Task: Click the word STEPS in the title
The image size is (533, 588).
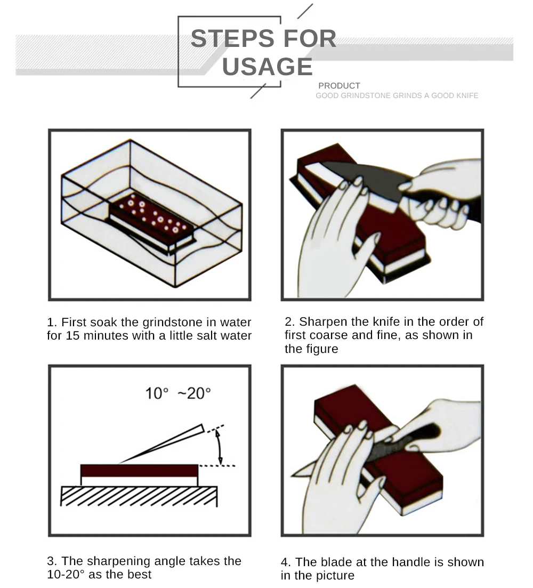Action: (x=232, y=38)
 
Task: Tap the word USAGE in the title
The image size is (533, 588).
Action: (x=267, y=67)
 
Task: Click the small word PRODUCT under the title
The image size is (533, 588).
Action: (x=339, y=85)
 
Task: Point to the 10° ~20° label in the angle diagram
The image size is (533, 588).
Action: (x=178, y=393)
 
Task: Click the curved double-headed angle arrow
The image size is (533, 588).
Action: (x=220, y=447)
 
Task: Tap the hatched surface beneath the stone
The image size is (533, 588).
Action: (x=139, y=496)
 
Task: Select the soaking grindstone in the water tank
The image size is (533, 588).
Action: (x=152, y=223)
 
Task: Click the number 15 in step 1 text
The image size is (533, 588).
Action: (x=73, y=336)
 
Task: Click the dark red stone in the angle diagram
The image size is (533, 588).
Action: (x=139, y=471)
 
